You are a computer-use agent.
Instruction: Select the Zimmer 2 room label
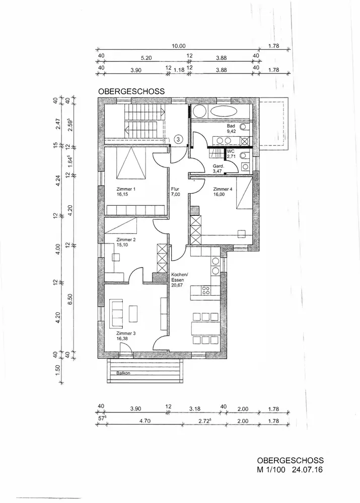click(126, 240)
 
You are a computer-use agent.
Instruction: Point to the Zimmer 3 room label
click(126, 333)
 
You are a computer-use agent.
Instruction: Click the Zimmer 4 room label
click(223, 190)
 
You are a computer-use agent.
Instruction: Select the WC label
click(231, 151)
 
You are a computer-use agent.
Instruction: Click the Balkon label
click(123, 374)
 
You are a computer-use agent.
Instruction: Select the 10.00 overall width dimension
click(178, 46)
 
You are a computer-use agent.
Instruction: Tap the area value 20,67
click(177, 285)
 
